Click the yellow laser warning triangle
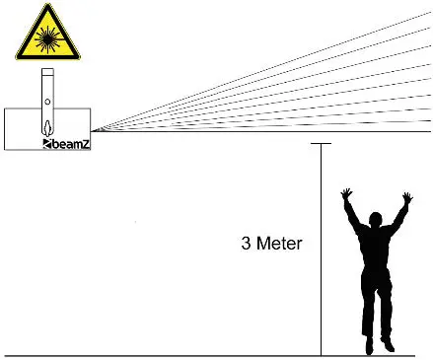45,34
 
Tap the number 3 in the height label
246,243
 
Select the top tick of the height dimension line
321,144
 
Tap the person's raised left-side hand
346,195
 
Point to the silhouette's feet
378,346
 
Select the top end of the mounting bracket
46,72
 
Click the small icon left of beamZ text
46,144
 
